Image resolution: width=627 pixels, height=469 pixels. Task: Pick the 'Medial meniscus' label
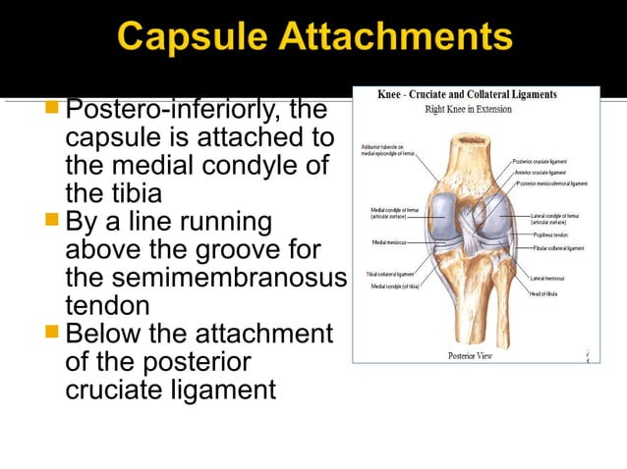click(x=391, y=241)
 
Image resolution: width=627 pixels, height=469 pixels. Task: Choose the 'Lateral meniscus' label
click(x=550, y=279)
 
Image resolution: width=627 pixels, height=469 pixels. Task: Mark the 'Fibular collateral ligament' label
click(x=558, y=248)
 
